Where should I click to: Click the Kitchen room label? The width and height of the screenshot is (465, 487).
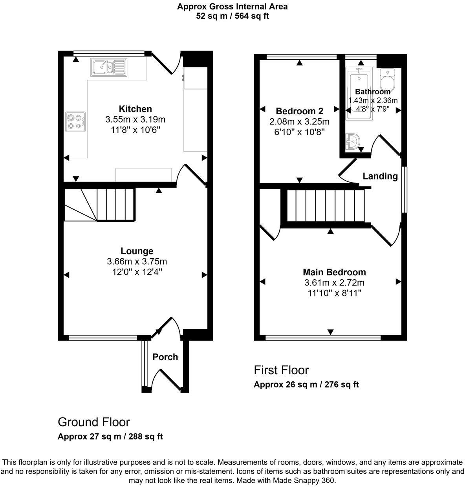pos(135,109)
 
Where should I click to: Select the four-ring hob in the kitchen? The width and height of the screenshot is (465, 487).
pos(76,121)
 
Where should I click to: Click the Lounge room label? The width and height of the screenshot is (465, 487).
pos(137,251)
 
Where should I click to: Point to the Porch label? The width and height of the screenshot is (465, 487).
pos(165,357)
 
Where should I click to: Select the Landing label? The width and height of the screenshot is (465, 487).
pos(380,176)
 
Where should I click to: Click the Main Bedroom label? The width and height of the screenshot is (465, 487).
pos(334,272)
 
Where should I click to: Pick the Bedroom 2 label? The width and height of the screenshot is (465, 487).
pos(296,111)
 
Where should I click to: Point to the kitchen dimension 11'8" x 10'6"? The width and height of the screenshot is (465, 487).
pos(135,130)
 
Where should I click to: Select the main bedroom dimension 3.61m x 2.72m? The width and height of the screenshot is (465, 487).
pos(334,283)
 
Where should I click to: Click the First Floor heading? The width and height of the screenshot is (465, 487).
pos(281,370)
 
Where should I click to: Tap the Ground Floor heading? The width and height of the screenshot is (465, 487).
pos(93,422)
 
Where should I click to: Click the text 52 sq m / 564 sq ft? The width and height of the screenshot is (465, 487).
pos(232,16)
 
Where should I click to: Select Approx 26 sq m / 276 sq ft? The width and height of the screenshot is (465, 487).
pos(306,384)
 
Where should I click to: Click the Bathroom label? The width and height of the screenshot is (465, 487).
pos(372,92)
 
